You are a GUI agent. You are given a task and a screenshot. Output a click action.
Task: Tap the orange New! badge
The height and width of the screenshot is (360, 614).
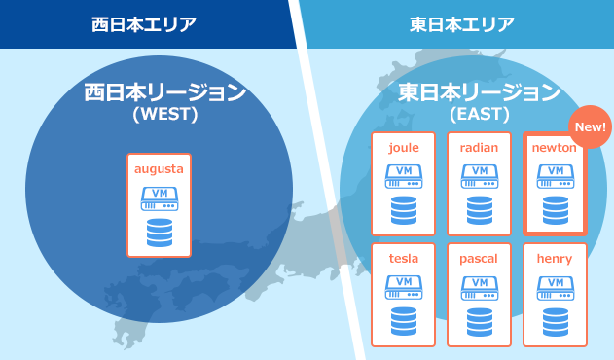pos(589,126)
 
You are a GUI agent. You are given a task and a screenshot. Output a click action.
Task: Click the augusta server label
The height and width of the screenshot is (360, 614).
pos(159,169)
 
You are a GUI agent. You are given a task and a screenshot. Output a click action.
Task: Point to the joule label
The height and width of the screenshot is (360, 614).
pos(403,148)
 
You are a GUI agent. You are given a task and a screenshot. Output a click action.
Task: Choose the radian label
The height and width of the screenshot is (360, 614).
pos(479,148)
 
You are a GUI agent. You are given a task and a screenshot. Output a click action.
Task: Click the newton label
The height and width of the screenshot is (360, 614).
pos(555,148)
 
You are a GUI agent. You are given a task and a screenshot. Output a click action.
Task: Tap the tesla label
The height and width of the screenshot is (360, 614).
pos(403,259)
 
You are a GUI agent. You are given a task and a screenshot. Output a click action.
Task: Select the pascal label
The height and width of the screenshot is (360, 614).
pos(479,259)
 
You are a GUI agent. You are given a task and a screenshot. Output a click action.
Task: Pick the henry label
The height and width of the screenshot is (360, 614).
pos(555,259)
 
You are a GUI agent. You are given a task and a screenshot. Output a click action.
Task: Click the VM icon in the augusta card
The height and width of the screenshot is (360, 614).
pos(160,198)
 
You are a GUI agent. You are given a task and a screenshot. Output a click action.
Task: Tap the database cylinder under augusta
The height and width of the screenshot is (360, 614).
pos(160,234)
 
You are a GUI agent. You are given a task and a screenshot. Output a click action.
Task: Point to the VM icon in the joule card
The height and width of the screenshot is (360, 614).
pos(403,175)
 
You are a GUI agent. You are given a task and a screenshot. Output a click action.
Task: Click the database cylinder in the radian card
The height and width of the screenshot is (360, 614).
pos(479,209)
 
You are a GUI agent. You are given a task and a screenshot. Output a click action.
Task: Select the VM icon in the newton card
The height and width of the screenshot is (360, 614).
pos(555,175)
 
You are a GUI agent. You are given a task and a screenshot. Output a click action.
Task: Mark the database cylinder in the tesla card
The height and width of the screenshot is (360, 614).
pos(403,320)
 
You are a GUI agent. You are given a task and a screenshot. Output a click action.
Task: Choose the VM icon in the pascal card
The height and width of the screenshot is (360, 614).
pos(479,286)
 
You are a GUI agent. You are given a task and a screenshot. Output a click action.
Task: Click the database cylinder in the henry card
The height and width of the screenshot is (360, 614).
pos(555,320)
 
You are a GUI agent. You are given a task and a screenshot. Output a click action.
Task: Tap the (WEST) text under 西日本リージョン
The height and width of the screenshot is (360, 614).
pos(164,114)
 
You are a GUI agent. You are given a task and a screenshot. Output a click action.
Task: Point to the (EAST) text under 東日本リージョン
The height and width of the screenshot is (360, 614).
pos(480,114)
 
